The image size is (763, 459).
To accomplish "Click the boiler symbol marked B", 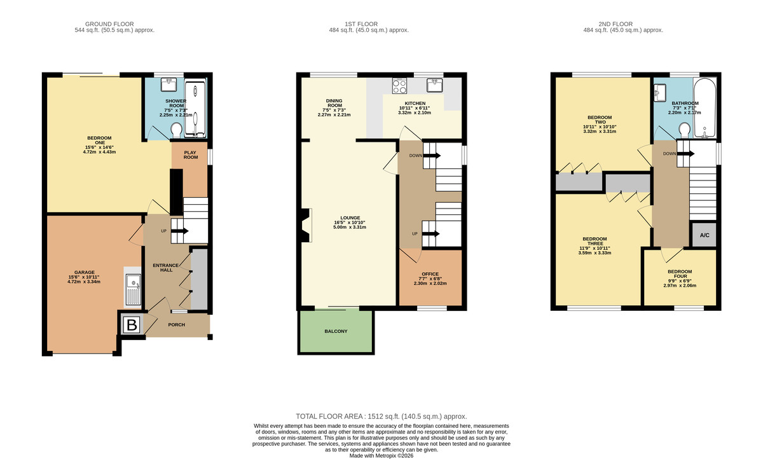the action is (132, 325).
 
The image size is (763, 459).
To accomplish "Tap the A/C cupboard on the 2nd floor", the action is (705, 235).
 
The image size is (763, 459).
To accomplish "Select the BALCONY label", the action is (336, 331).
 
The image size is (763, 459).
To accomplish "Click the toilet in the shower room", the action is (176, 130).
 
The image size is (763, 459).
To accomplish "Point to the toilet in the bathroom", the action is (684, 130).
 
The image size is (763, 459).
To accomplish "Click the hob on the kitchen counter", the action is (399, 86).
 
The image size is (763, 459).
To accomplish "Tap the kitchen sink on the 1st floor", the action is (435, 85).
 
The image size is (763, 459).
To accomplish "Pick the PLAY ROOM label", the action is (190, 155).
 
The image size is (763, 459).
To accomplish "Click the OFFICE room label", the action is (430, 274).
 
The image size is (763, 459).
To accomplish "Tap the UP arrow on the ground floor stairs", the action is (180, 231).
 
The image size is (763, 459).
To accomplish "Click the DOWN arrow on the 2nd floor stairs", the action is (685, 154).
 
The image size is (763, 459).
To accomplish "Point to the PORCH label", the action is (177, 325).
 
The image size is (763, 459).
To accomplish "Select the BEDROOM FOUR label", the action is (680, 274).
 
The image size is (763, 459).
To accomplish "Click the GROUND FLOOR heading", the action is (109, 24).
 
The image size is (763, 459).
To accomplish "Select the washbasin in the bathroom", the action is (660, 92).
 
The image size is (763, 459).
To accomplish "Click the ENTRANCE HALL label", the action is (166, 268).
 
